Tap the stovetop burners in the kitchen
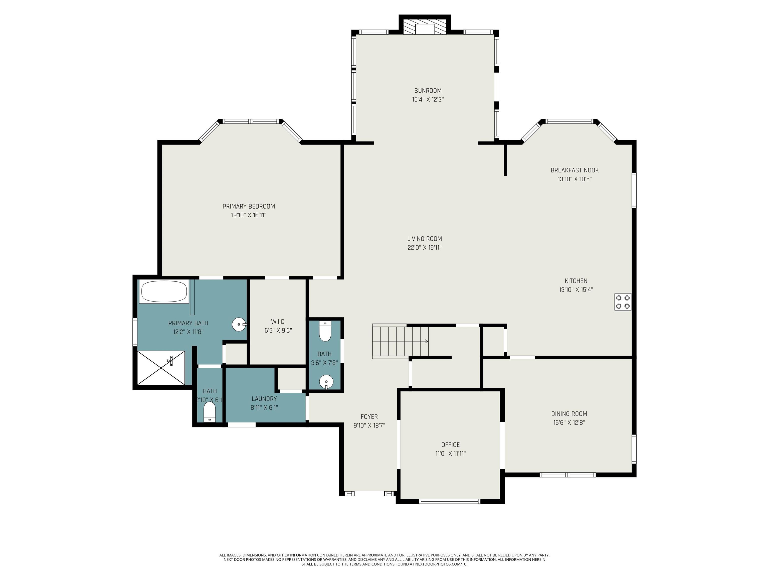[x=622, y=302]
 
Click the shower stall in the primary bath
[x=161, y=368]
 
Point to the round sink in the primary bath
[x=239, y=325]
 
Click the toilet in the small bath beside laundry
[x=209, y=412]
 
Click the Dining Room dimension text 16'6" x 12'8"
[x=569, y=422]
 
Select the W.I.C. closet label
[x=278, y=322]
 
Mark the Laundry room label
[x=264, y=399]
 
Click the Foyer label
[x=369, y=416]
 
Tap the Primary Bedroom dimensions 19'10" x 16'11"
[x=249, y=215]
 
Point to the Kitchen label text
[x=576, y=281]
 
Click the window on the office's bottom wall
[x=450, y=501]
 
